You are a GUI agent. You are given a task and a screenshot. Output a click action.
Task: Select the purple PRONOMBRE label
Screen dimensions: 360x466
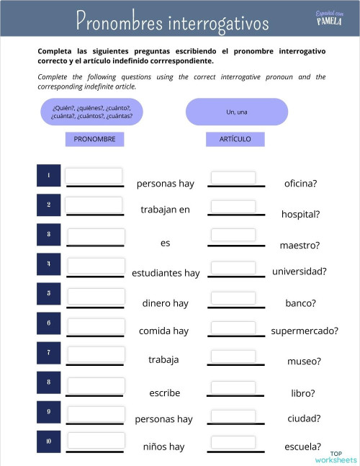(x=95, y=139)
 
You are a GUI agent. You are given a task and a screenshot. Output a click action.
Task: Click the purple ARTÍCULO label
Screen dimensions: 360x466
(x=235, y=139)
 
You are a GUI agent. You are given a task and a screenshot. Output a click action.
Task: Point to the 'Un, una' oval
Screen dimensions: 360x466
(x=236, y=112)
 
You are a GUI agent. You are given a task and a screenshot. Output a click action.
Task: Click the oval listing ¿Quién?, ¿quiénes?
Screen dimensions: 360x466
(x=91, y=112)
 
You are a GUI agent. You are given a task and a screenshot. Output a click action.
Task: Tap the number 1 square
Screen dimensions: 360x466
(x=48, y=176)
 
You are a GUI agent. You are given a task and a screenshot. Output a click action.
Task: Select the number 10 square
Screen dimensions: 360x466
(x=48, y=441)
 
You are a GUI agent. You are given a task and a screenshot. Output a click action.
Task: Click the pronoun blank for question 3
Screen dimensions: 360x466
(x=95, y=236)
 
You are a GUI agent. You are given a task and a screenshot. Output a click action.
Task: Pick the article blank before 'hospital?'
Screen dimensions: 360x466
(x=233, y=207)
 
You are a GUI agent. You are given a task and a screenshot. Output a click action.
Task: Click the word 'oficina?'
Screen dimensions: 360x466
(x=300, y=184)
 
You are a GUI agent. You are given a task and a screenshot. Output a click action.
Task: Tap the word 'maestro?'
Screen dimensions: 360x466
(x=300, y=246)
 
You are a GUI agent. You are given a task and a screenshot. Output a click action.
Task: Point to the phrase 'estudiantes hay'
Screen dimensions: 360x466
(x=166, y=273)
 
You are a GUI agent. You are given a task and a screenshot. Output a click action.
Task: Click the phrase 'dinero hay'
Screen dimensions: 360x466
(x=165, y=303)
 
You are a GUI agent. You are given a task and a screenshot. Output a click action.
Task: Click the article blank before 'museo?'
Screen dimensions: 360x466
(x=233, y=355)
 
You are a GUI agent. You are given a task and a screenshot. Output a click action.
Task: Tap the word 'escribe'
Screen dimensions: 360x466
(x=164, y=393)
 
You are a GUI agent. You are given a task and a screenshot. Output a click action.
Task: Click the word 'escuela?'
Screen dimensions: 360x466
(x=302, y=447)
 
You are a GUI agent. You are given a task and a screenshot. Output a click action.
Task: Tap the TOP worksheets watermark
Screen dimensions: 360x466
(x=335, y=457)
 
